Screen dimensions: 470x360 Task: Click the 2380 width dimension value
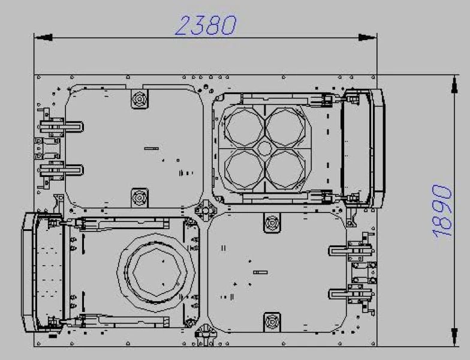pos(206,25)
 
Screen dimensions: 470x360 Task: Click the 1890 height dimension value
pos(442,211)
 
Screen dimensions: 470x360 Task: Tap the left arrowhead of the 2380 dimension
pos(43,37)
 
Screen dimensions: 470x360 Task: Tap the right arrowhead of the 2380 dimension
pos(367,37)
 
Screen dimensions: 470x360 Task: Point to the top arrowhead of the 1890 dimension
pos(454,84)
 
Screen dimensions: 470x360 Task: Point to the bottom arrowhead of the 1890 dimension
pos(454,337)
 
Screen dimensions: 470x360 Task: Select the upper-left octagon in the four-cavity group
pos(244,127)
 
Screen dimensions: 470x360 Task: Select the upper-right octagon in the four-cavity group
pos(285,127)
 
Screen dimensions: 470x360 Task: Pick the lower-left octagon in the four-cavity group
pos(244,169)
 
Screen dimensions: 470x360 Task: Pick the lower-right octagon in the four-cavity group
pos(285,169)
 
